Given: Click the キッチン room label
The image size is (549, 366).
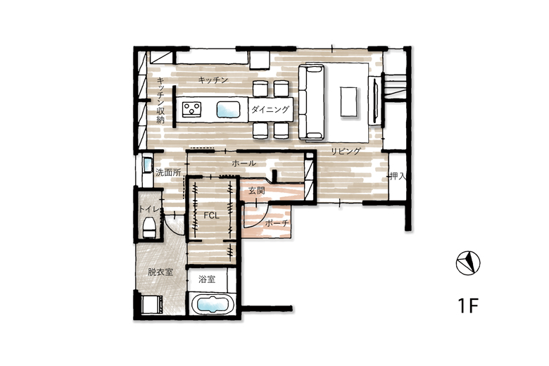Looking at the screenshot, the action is click(213, 80).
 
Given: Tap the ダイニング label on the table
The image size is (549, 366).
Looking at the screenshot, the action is click(270, 110).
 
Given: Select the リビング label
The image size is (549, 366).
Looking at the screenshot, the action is click(346, 151).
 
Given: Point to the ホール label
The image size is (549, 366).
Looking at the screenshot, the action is click(244, 163).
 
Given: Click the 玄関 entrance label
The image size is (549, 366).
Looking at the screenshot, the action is click(256, 191).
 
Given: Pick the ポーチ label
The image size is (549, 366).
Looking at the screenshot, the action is click(277, 223).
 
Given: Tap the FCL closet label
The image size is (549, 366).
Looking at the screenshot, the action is click(211, 216).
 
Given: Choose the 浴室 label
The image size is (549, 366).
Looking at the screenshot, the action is click(206, 279).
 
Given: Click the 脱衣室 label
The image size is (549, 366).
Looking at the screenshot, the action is click(160, 272).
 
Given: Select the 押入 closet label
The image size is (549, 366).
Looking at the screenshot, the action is click(398, 176).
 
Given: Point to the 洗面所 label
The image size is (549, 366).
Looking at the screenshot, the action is click(168, 172).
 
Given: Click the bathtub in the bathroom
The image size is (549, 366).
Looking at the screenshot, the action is click(213, 304).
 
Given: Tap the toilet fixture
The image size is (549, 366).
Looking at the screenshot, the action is click(149, 227).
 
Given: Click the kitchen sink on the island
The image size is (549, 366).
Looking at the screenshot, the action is click(228, 110).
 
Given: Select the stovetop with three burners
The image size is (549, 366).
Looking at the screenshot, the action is click(191, 108).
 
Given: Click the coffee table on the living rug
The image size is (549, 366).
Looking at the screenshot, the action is click(349, 101).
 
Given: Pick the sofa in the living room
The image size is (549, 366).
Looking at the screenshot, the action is click(312, 102).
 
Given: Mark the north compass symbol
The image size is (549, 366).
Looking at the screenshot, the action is click(468, 263).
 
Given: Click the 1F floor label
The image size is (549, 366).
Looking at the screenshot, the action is click(468, 305).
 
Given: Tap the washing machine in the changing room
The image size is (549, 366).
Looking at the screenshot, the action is click(151, 304).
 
